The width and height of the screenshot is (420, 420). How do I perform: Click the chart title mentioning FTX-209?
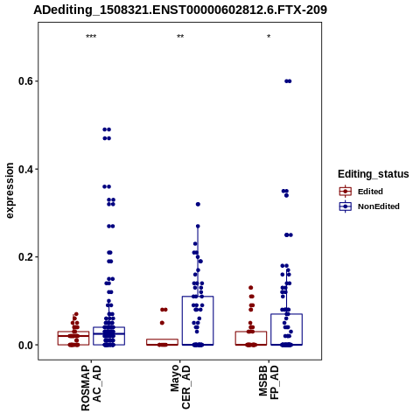click(x=180, y=10)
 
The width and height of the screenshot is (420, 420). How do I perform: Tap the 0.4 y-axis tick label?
click(x=25, y=169)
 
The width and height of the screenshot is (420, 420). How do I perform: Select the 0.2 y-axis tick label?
click(x=25, y=257)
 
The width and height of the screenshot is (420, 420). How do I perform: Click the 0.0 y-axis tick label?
click(x=25, y=345)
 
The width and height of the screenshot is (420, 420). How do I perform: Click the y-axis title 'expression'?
click(x=10, y=191)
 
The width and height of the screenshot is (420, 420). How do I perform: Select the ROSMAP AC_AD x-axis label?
click(x=91, y=388)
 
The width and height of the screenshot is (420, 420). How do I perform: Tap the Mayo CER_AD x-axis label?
click(x=180, y=387)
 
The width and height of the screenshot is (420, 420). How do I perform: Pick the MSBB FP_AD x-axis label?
click(x=269, y=382)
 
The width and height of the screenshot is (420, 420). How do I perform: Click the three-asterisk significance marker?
click(x=91, y=37)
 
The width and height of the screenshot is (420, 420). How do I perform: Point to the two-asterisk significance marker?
click(x=180, y=37)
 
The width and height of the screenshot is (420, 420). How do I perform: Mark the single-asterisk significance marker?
click(x=269, y=37)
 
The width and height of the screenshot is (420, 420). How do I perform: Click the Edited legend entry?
click(x=360, y=192)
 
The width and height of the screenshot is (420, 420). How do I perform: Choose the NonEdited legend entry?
click(x=369, y=206)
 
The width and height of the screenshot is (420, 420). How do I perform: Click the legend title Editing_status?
click(x=374, y=174)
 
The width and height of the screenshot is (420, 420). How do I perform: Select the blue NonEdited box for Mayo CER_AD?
click(x=198, y=320)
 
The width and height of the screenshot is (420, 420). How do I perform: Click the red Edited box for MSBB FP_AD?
click(x=251, y=339)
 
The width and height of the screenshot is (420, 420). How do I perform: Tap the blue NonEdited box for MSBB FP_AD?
click(x=286, y=330)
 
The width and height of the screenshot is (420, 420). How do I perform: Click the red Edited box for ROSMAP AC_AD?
click(x=73, y=339)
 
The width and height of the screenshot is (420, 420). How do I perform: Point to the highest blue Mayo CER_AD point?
click(x=198, y=204)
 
